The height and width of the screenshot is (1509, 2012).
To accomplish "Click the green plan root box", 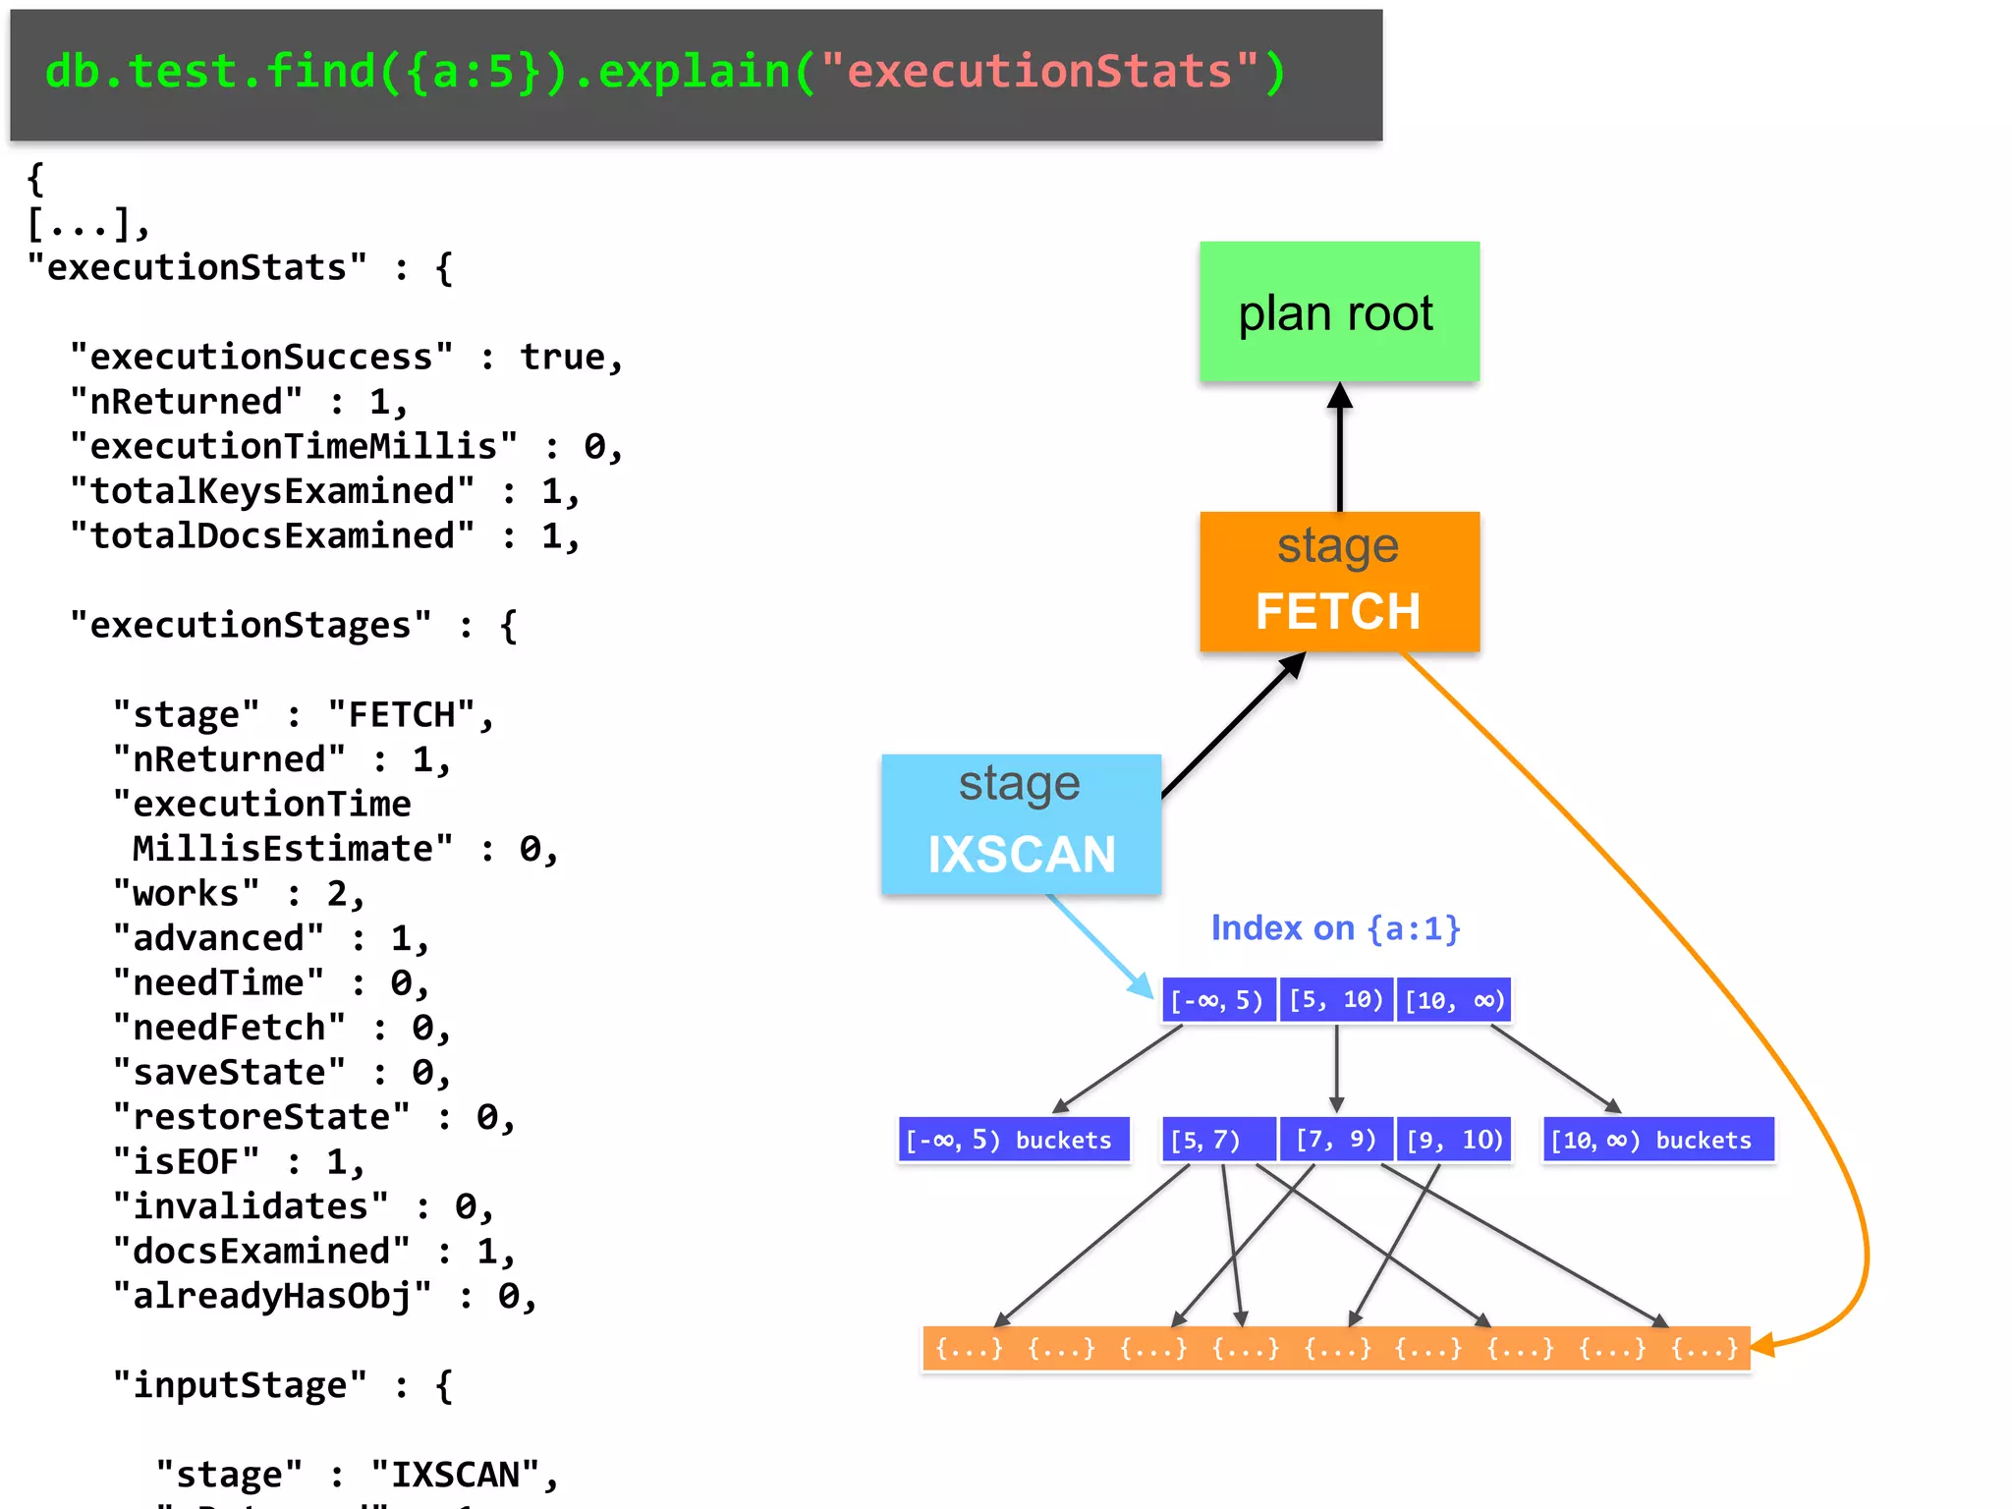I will coord(1339,311).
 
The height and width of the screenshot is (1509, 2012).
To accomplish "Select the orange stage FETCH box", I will coord(1339,581).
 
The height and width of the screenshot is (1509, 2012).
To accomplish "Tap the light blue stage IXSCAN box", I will coord(1021,823).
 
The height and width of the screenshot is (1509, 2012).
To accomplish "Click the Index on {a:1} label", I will coord(1335,927).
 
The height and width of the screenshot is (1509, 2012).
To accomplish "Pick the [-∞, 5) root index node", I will coord(1218,1000).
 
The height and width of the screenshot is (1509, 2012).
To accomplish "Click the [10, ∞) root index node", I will coord(1454,1000).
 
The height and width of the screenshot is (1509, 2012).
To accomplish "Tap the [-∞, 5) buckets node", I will coord(1013,1140).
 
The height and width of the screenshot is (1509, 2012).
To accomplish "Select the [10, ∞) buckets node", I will coord(1657,1140).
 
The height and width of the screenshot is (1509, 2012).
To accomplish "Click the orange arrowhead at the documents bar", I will coord(1762,1345).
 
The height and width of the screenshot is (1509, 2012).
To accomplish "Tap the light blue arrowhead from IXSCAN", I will coord(1143,985).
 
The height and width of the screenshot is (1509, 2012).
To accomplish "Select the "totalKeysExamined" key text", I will coord(272,490).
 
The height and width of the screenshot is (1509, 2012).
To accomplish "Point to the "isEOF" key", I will coord(187,1161).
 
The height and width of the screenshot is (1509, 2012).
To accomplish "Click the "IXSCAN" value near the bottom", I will coord(456,1474).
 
